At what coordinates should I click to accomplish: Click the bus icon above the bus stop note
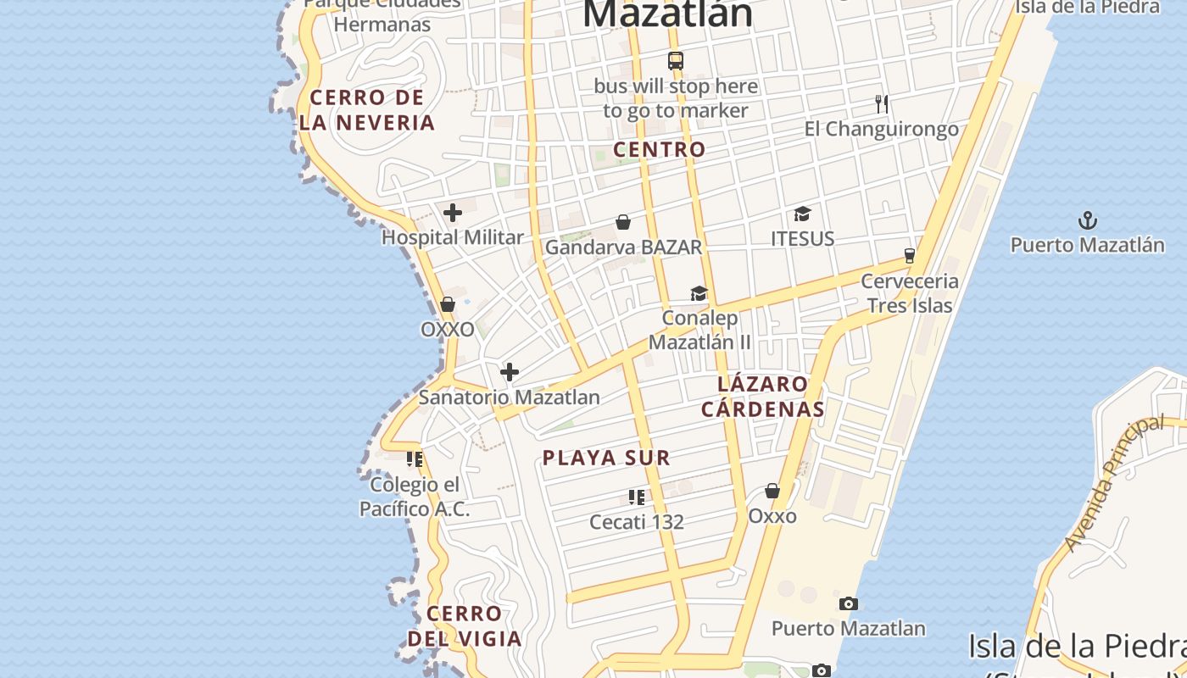676,61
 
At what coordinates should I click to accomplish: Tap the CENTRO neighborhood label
659,149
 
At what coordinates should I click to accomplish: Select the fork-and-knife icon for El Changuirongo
882,104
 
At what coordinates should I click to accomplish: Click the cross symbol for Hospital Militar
453,213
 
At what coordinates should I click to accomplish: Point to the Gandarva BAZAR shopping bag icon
623,222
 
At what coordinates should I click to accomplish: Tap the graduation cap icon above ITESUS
802,214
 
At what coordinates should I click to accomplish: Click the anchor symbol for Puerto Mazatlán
1087,221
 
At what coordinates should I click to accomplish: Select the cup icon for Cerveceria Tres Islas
910,255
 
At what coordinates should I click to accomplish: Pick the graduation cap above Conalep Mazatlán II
699,293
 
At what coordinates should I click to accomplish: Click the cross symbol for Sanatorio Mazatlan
510,372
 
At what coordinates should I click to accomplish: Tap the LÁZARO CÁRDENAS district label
763,397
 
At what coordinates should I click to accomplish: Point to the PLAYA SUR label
606,458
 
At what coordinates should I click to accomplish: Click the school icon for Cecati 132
637,497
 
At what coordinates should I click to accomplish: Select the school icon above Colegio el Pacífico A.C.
415,459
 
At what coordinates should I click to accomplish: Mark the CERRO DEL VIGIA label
465,625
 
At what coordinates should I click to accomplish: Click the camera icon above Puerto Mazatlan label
848,604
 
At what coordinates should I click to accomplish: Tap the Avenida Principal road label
1114,483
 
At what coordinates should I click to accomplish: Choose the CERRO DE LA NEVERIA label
366,110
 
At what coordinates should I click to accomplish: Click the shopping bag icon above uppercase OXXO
448,304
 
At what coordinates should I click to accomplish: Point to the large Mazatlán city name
668,14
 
